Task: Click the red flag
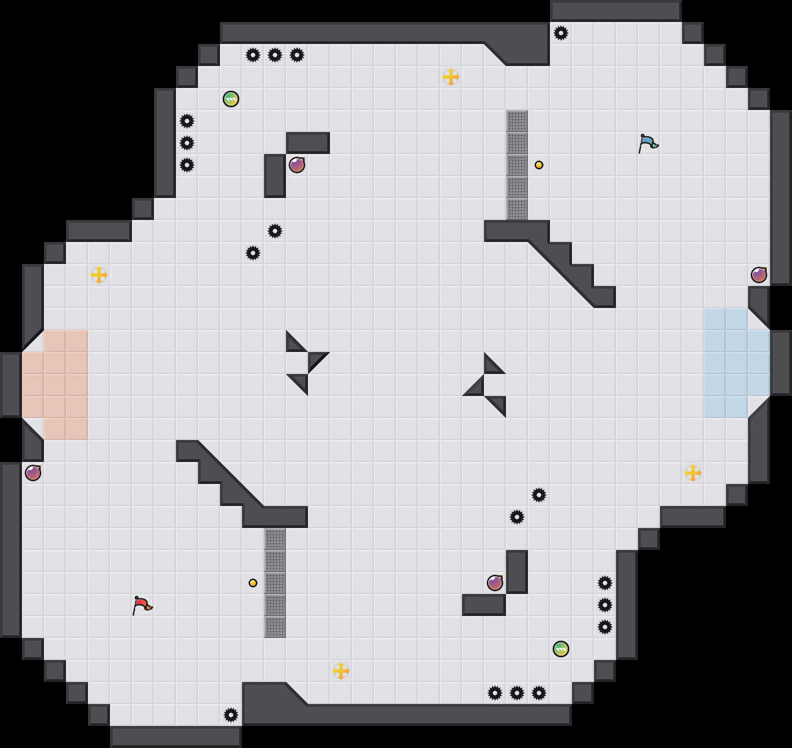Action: [142, 605]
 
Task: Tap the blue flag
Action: [648, 143]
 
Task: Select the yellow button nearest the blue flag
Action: [539, 165]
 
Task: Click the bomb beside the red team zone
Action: [33, 473]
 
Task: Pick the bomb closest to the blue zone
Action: [759, 275]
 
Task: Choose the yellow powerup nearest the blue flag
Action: [451, 77]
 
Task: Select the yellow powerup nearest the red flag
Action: [341, 671]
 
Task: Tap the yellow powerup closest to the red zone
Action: [99, 275]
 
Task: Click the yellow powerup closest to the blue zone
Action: [693, 473]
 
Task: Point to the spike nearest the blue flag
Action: [561, 33]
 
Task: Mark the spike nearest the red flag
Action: [231, 715]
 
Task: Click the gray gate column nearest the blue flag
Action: [517, 165]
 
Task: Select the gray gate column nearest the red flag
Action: [275, 583]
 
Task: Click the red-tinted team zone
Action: [55, 385]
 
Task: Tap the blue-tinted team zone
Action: [732, 363]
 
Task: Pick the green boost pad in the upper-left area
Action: [231, 99]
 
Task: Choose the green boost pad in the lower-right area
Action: [561, 649]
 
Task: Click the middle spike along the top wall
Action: [275, 55]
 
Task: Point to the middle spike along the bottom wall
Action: [517, 693]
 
